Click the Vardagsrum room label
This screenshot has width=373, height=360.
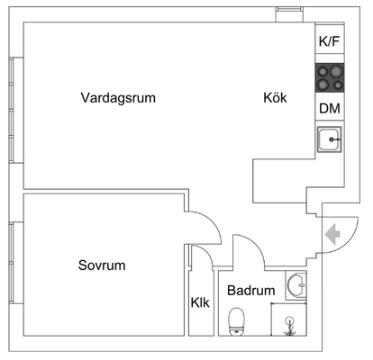click(118, 98)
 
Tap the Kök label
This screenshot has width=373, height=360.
click(275, 98)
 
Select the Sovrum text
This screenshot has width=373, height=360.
click(102, 265)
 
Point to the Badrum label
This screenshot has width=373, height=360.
click(251, 291)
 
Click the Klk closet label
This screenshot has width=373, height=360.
click(200, 302)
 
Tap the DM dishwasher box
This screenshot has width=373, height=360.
click(330, 108)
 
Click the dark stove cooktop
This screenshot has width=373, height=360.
click(330, 77)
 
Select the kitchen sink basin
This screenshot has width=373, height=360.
click(330, 139)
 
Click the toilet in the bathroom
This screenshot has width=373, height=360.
click(237, 321)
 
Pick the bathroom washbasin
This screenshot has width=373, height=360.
click(296, 285)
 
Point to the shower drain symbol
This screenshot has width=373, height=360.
click(289, 327)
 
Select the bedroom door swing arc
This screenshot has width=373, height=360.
click(214, 222)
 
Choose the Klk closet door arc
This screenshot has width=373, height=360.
click(208, 253)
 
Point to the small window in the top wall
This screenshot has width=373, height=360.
click(289, 14)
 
